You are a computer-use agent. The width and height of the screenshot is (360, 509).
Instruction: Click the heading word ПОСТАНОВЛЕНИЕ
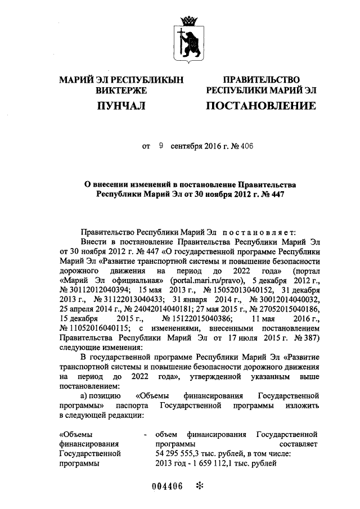(x=260, y=106)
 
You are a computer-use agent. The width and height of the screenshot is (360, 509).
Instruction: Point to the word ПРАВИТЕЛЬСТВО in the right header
(x=261, y=80)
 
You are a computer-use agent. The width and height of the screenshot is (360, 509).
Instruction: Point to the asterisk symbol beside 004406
(x=198, y=487)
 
